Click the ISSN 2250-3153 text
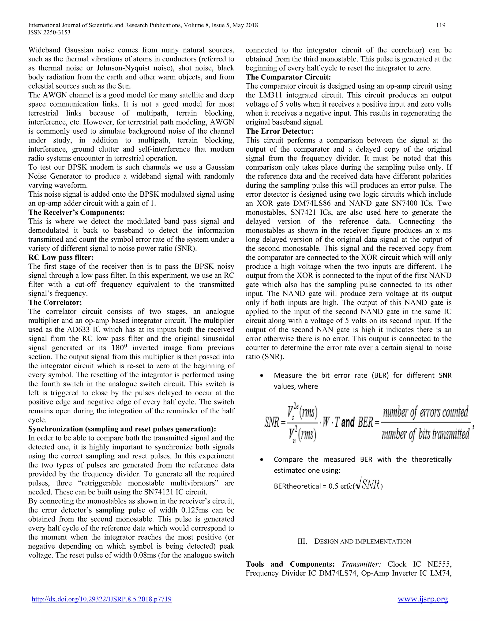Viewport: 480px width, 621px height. (x=49, y=32)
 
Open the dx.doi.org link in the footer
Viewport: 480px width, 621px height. (x=101, y=599)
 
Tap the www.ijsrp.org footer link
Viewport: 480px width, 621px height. (x=423, y=599)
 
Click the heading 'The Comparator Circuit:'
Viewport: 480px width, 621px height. (x=288, y=77)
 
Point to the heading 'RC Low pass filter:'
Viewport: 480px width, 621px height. (x=61, y=257)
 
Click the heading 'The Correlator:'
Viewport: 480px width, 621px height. (x=55, y=302)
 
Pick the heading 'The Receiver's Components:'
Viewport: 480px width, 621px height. (x=76, y=212)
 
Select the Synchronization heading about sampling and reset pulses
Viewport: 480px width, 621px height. (x=122, y=429)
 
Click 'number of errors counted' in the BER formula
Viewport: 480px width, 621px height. (x=425, y=412)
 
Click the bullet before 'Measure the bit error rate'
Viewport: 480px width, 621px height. (x=261, y=376)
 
